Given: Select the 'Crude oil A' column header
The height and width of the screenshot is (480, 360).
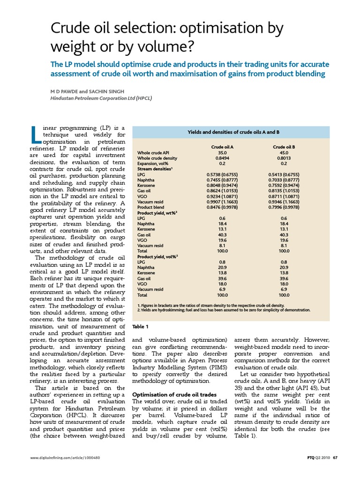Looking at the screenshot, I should click(x=223, y=147).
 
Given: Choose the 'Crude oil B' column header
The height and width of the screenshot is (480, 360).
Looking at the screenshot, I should click(x=284, y=147).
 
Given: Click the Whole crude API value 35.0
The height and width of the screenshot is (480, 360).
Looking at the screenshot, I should click(x=223, y=153).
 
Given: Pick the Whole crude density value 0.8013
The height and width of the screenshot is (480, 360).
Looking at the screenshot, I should click(x=284, y=158).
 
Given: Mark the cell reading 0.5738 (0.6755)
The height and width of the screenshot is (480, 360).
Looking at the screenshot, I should click(x=223, y=175).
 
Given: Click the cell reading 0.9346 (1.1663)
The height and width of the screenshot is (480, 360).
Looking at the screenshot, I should click(x=284, y=202).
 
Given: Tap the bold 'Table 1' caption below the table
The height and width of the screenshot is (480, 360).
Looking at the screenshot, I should click(x=141, y=326).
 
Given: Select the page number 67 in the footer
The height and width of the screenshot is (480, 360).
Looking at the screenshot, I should click(x=335, y=470).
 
